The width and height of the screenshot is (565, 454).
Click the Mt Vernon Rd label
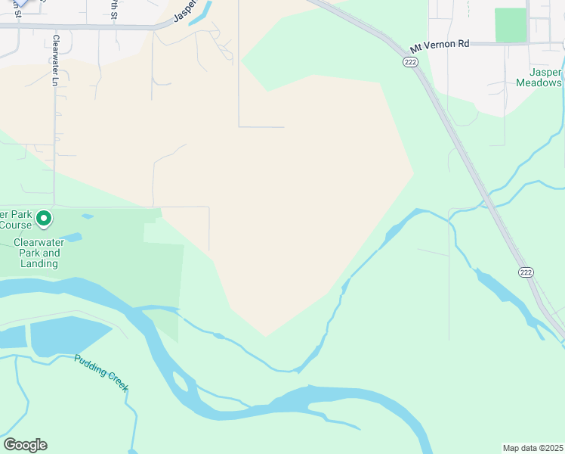tap(440, 45)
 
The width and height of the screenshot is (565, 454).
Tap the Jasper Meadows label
tap(539, 77)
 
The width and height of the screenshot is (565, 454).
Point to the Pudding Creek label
tap(101, 372)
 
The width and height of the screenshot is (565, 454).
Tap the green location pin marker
tap(44, 219)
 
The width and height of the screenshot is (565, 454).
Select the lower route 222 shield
tap(526, 272)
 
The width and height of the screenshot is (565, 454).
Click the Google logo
tap(25, 444)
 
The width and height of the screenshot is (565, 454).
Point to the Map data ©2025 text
tap(533, 447)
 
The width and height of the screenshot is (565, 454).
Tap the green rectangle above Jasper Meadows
tap(511, 25)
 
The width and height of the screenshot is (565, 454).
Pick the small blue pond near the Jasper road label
tap(200, 17)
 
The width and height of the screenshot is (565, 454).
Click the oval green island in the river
tap(181, 381)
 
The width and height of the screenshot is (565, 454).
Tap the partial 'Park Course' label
tap(16, 219)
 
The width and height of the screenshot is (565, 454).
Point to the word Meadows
tap(539, 82)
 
